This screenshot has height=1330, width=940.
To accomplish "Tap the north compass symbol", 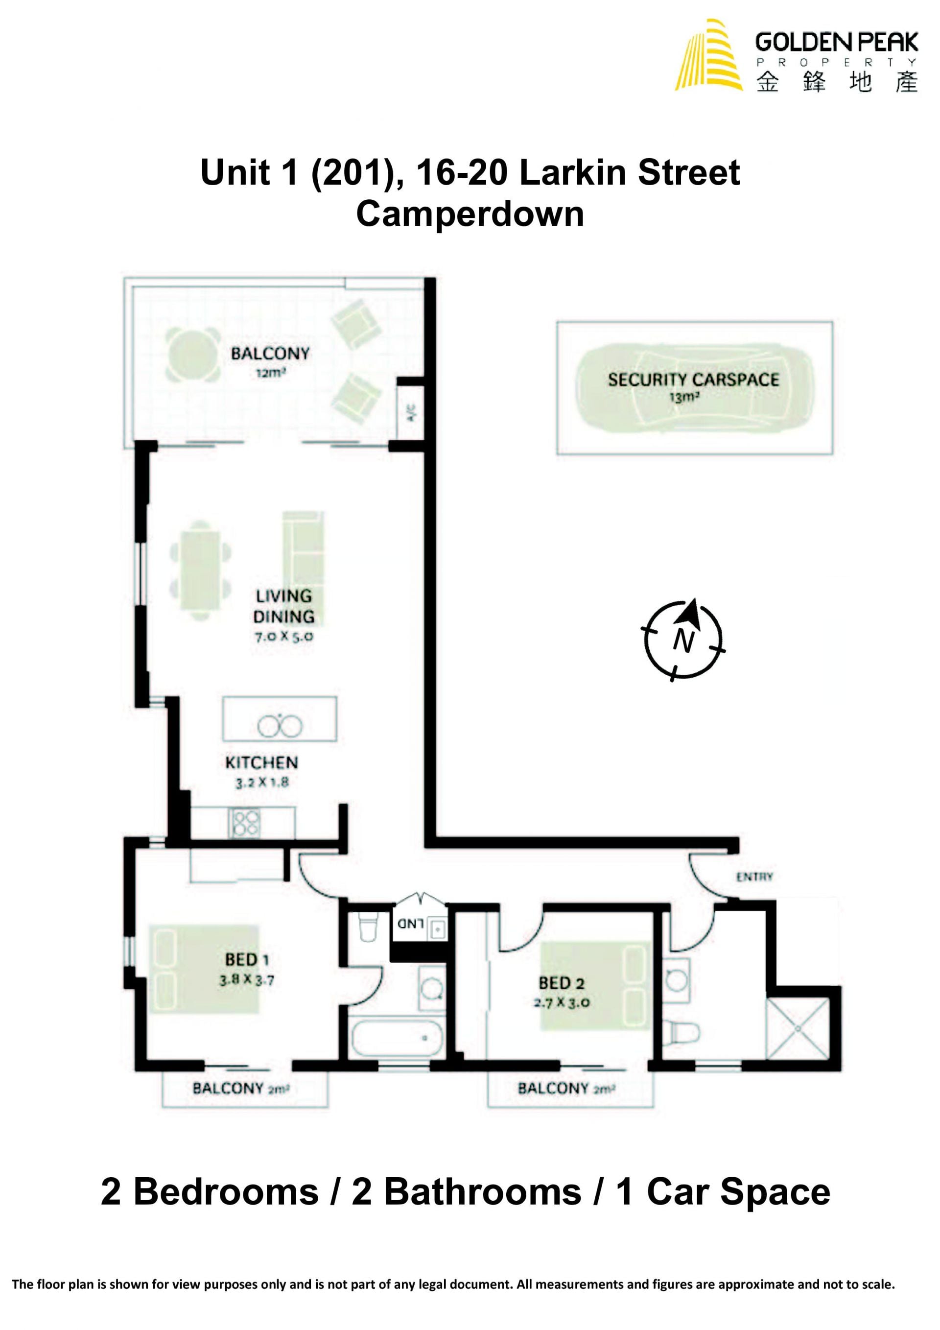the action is tap(683, 639).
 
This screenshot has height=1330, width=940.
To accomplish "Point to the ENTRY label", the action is tap(754, 877).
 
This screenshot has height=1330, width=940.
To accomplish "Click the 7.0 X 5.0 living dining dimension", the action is tap(284, 636).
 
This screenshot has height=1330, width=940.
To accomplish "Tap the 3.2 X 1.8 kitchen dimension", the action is tap(262, 783).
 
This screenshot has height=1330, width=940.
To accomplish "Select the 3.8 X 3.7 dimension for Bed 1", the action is tap(246, 980).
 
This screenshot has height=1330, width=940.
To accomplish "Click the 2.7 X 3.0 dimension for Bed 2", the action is tap(561, 1003).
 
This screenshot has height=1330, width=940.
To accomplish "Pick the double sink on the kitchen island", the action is tap(280, 725).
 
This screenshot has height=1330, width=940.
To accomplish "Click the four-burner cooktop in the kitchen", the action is tap(245, 823).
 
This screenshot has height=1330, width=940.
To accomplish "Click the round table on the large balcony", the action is tap(192, 355).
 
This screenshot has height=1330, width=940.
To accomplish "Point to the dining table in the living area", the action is tap(200, 570).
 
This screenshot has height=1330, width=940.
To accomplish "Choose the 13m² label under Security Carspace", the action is tap(684, 398).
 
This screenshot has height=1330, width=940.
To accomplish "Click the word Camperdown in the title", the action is tap(470, 215).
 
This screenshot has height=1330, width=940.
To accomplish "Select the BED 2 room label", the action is tap(561, 983).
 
